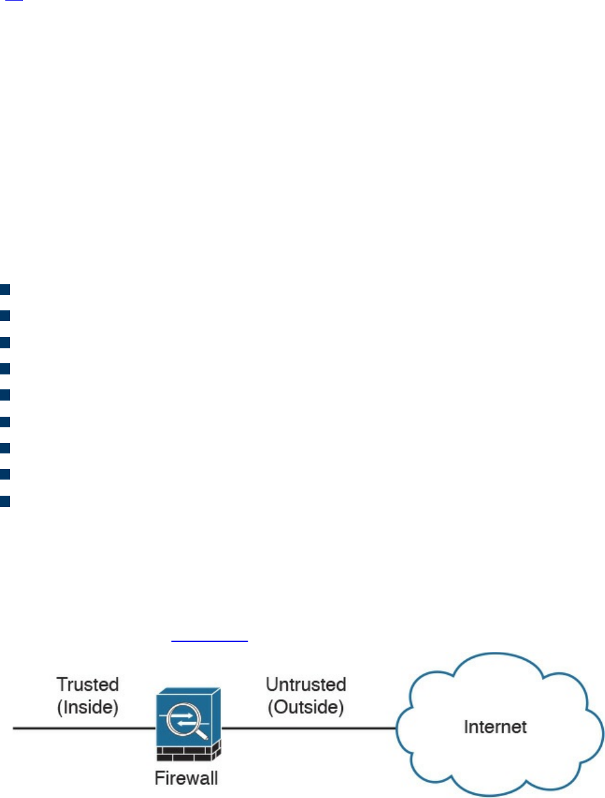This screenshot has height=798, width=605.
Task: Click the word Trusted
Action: [x=88, y=684]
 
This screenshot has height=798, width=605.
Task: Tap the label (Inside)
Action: [x=88, y=707]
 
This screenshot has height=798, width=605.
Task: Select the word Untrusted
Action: [x=306, y=684]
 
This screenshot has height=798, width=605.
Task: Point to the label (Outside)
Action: [x=306, y=707]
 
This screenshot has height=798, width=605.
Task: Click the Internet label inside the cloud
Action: [x=495, y=726]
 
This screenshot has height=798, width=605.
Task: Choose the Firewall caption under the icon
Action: [x=186, y=778]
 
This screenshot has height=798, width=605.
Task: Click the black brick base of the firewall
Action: [x=187, y=753]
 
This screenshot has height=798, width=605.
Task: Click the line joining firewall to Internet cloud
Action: [x=308, y=728]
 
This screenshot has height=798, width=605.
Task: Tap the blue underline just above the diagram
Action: [x=209, y=641]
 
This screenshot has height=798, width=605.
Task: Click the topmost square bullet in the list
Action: [x=5, y=289]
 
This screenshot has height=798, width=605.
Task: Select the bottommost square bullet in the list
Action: [x=5, y=501]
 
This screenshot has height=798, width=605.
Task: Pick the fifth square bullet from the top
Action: [x=5, y=395]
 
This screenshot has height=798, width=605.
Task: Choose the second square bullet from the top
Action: [x=5, y=315]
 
